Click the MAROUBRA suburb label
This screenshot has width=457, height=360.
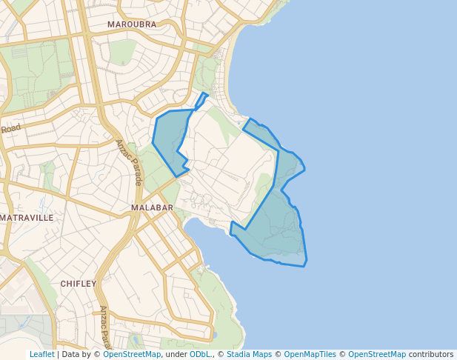[132, 24]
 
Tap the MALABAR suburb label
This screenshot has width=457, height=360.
[152, 207]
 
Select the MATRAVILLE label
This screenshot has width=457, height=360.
[27, 218]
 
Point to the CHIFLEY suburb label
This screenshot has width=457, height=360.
[79, 284]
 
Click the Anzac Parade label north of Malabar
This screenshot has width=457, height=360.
[127, 161]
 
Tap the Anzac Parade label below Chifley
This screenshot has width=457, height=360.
[104, 326]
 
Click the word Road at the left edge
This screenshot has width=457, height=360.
[11, 128]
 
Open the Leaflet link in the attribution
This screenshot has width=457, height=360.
[41, 354]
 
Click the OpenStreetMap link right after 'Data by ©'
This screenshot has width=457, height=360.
[132, 354]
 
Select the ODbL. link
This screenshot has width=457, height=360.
[201, 354]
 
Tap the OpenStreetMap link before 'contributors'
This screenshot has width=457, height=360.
[377, 354]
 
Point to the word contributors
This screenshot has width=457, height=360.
[431, 354]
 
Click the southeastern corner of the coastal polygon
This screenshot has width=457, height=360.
[304, 264]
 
